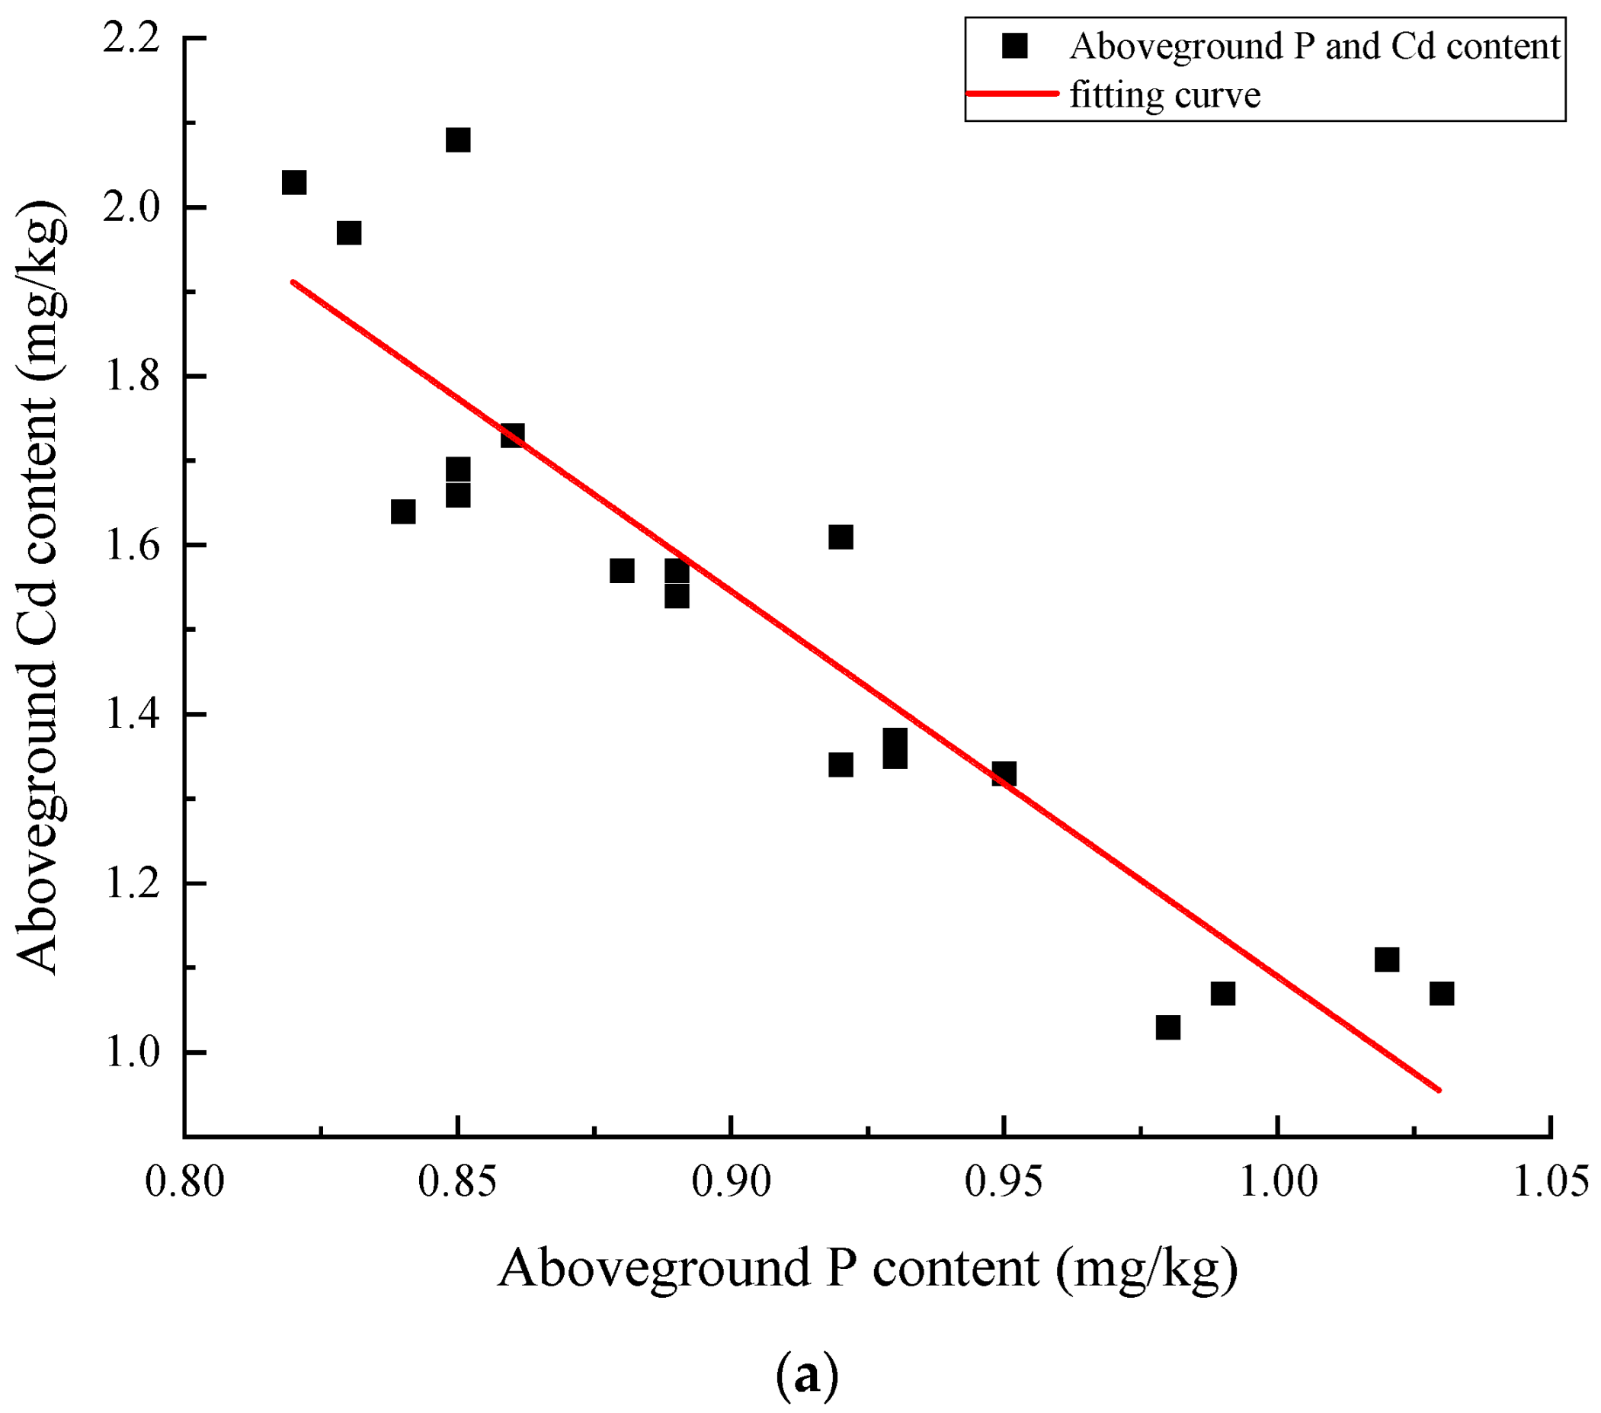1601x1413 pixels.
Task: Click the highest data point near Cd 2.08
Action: [x=457, y=140]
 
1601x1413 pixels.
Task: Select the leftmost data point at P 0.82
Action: [x=293, y=182]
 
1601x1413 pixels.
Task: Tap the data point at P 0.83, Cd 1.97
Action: [x=348, y=233]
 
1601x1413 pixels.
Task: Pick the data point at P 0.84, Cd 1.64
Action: [x=402, y=512]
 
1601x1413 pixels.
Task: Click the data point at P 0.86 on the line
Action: [x=512, y=436]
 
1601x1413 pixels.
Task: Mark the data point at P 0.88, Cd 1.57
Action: [x=621, y=571]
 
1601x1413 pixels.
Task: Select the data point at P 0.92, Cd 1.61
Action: [x=841, y=537]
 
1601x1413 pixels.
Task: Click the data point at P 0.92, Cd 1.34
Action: [x=841, y=765]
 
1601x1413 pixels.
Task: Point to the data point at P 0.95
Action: [x=1004, y=774]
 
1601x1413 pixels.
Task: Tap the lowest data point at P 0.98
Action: [x=1168, y=1027]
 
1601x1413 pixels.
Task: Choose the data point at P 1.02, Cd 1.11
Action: [x=1386, y=960]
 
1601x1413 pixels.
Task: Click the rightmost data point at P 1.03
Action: [x=1441, y=993]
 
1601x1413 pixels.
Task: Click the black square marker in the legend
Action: [x=1014, y=46]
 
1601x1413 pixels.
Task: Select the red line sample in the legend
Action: [x=1012, y=94]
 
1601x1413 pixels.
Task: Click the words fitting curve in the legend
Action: [x=1165, y=95]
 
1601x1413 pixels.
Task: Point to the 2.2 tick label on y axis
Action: [x=131, y=39]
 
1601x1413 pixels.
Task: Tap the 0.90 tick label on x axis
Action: [x=730, y=1182]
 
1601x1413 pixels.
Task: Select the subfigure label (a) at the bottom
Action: [x=807, y=1374]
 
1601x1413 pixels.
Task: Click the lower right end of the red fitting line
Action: [x=1438, y=1089]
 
